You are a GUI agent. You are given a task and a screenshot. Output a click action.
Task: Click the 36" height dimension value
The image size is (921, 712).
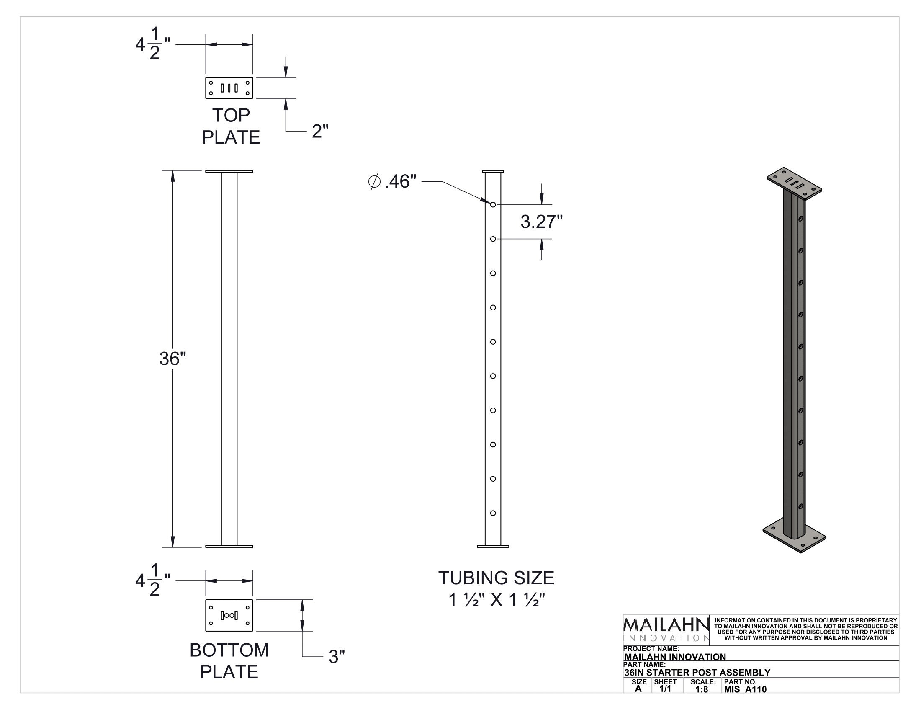pyautogui.click(x=172, y=359)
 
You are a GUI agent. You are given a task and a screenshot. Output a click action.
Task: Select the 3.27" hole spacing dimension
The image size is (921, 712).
pyautogui.click(x=541, y=222)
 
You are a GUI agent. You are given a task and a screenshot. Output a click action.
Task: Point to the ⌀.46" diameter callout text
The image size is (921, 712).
pyautogui.click(x=392, y=182)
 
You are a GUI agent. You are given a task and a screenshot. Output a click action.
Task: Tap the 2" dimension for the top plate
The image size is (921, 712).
pyautogui.click(x=320, y=132)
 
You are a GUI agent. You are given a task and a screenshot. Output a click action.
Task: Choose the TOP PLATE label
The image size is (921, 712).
pyautogui.click(x=231, y=126)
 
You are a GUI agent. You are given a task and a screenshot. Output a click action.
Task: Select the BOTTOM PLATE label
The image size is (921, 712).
pyautogui.click(x=229, y=660)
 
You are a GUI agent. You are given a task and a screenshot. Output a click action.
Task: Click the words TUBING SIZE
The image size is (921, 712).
pyautogui.click(x=496, y=578)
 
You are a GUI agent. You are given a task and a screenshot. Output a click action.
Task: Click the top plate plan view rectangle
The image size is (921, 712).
pyautogui.click(x=229, y=88)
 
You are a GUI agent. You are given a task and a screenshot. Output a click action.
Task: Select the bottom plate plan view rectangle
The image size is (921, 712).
pyautogui.click(x=229, y=615)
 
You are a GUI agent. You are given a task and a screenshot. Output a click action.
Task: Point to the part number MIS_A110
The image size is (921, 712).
pyautogui.click(x=745, y=689)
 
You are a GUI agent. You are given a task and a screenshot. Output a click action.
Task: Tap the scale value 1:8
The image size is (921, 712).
pyautogui.click(x=702, y=689)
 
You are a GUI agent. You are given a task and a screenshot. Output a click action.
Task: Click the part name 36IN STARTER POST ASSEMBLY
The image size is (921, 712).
pyautogui.click(x=697, y=672)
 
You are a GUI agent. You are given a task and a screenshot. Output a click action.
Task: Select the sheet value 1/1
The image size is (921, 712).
pyautogui.click(x=665, y=689)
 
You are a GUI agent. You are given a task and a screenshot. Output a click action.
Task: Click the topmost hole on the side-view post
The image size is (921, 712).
pyautogui.click(x=493, y=204)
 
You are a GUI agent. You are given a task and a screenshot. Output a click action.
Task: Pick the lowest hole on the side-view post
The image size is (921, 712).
pyautogui.click(x=493, y=513)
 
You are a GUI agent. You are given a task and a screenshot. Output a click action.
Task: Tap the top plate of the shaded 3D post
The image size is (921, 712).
pyautogui.click(x=794, y=184)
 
